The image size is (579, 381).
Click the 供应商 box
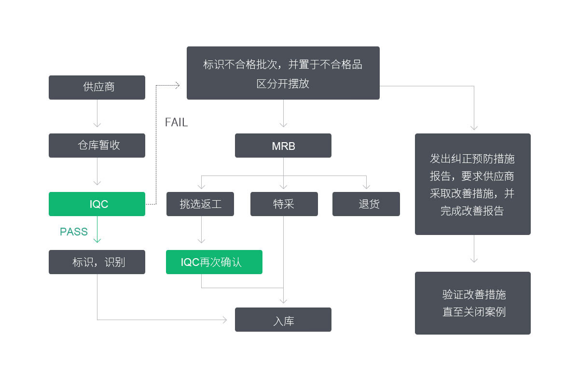96,88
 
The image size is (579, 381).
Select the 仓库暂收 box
96,146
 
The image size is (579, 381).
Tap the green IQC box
96,204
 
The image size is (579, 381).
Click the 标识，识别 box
96,262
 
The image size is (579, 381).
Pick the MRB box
283,146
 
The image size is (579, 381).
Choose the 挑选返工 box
200,204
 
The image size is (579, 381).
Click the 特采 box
284,204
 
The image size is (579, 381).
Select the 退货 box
366,204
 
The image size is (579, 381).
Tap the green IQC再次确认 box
214,262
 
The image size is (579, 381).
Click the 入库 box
283,320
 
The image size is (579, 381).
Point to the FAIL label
176,122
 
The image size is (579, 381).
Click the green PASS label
74,232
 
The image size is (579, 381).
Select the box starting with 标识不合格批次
283,73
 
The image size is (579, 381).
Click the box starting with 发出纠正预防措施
473,184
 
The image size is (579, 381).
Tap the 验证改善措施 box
473,303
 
